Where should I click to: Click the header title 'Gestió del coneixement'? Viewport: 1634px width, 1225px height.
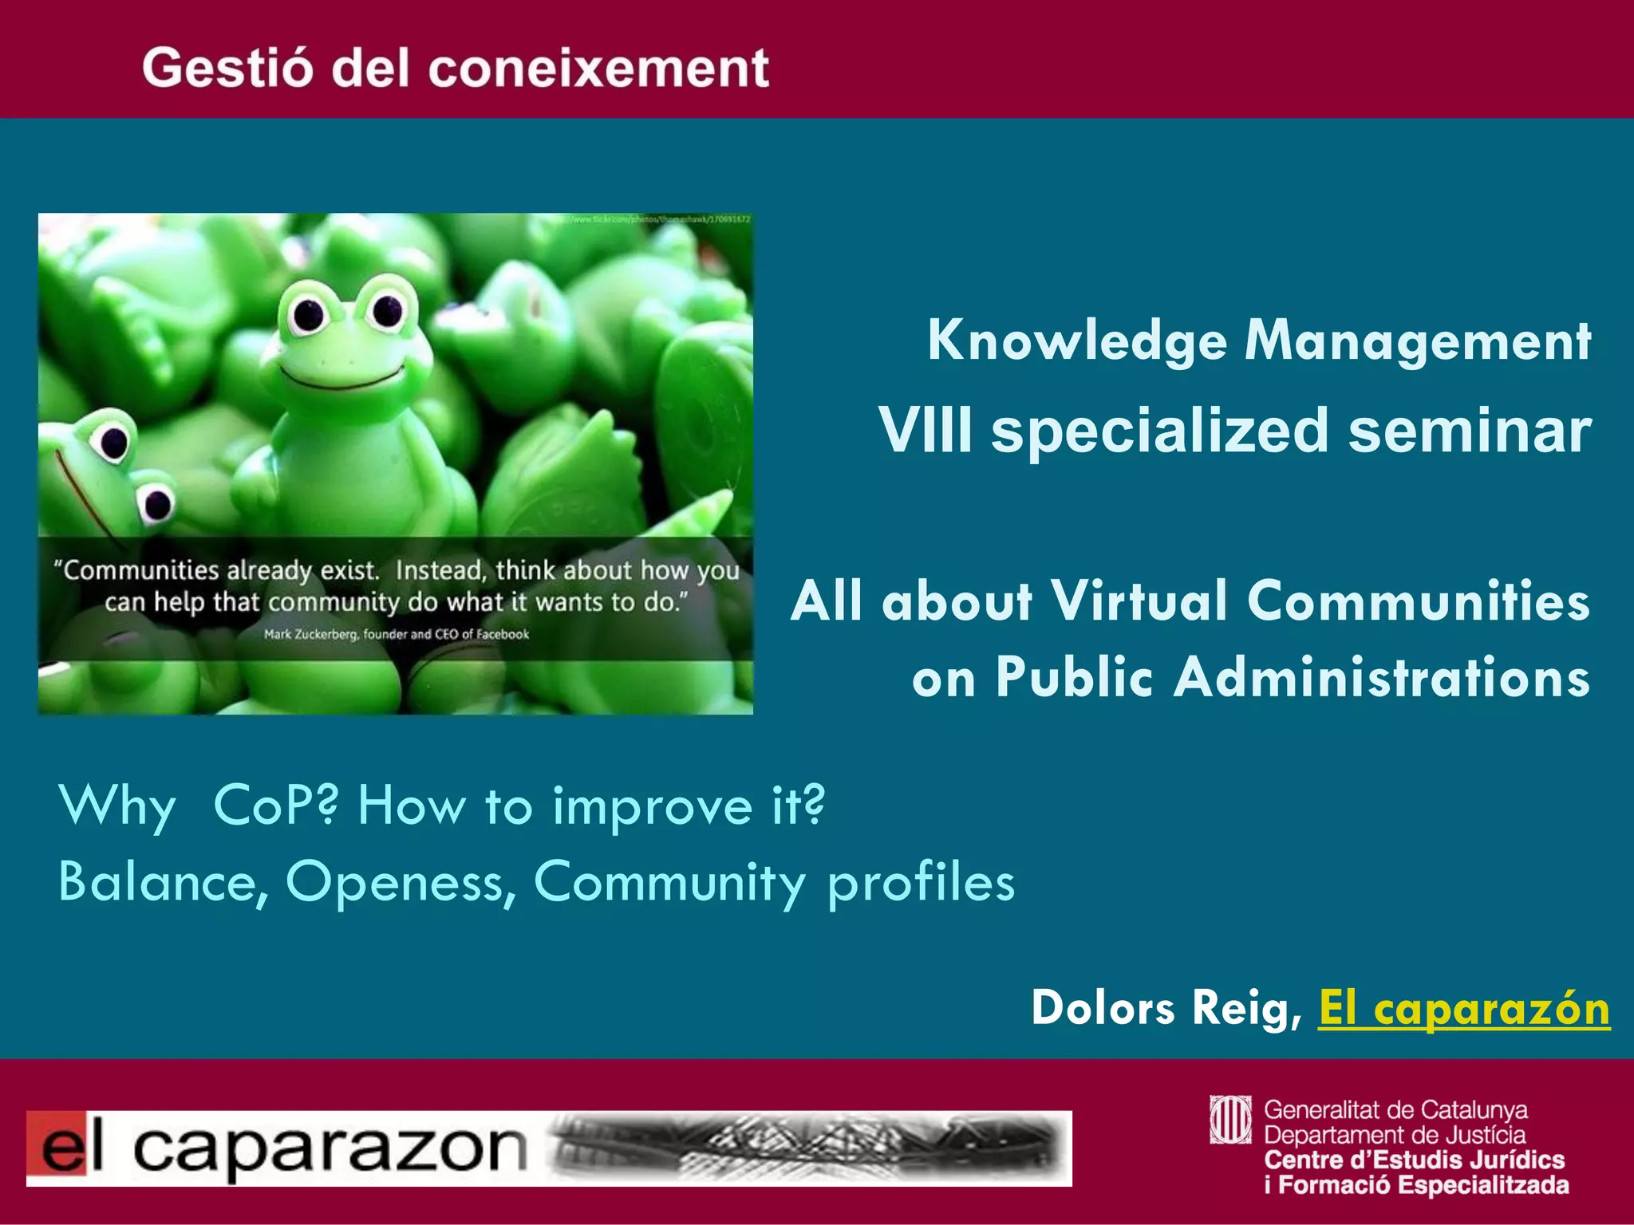[x=456, y=68]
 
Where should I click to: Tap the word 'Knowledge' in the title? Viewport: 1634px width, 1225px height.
[x=1076, y=341]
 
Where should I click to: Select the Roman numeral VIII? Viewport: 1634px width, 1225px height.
[x=926, y=431]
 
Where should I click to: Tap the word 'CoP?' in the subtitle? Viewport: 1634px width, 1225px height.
[x=276, y=806]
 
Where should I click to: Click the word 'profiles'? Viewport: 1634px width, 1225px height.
[x=922, y=882]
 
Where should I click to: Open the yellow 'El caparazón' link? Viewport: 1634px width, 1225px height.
[x=1463, y=1008]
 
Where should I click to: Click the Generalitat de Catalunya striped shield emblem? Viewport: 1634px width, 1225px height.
[x=1230, y=1120]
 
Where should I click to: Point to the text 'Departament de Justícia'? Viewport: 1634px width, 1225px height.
[x=1395, y=1135]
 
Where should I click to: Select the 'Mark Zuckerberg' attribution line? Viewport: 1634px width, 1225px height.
[x=397, y=635]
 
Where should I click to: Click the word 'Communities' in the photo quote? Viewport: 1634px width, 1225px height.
[x=140, y=571]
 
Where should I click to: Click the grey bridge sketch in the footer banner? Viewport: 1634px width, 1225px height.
[x=806, y=1148]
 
